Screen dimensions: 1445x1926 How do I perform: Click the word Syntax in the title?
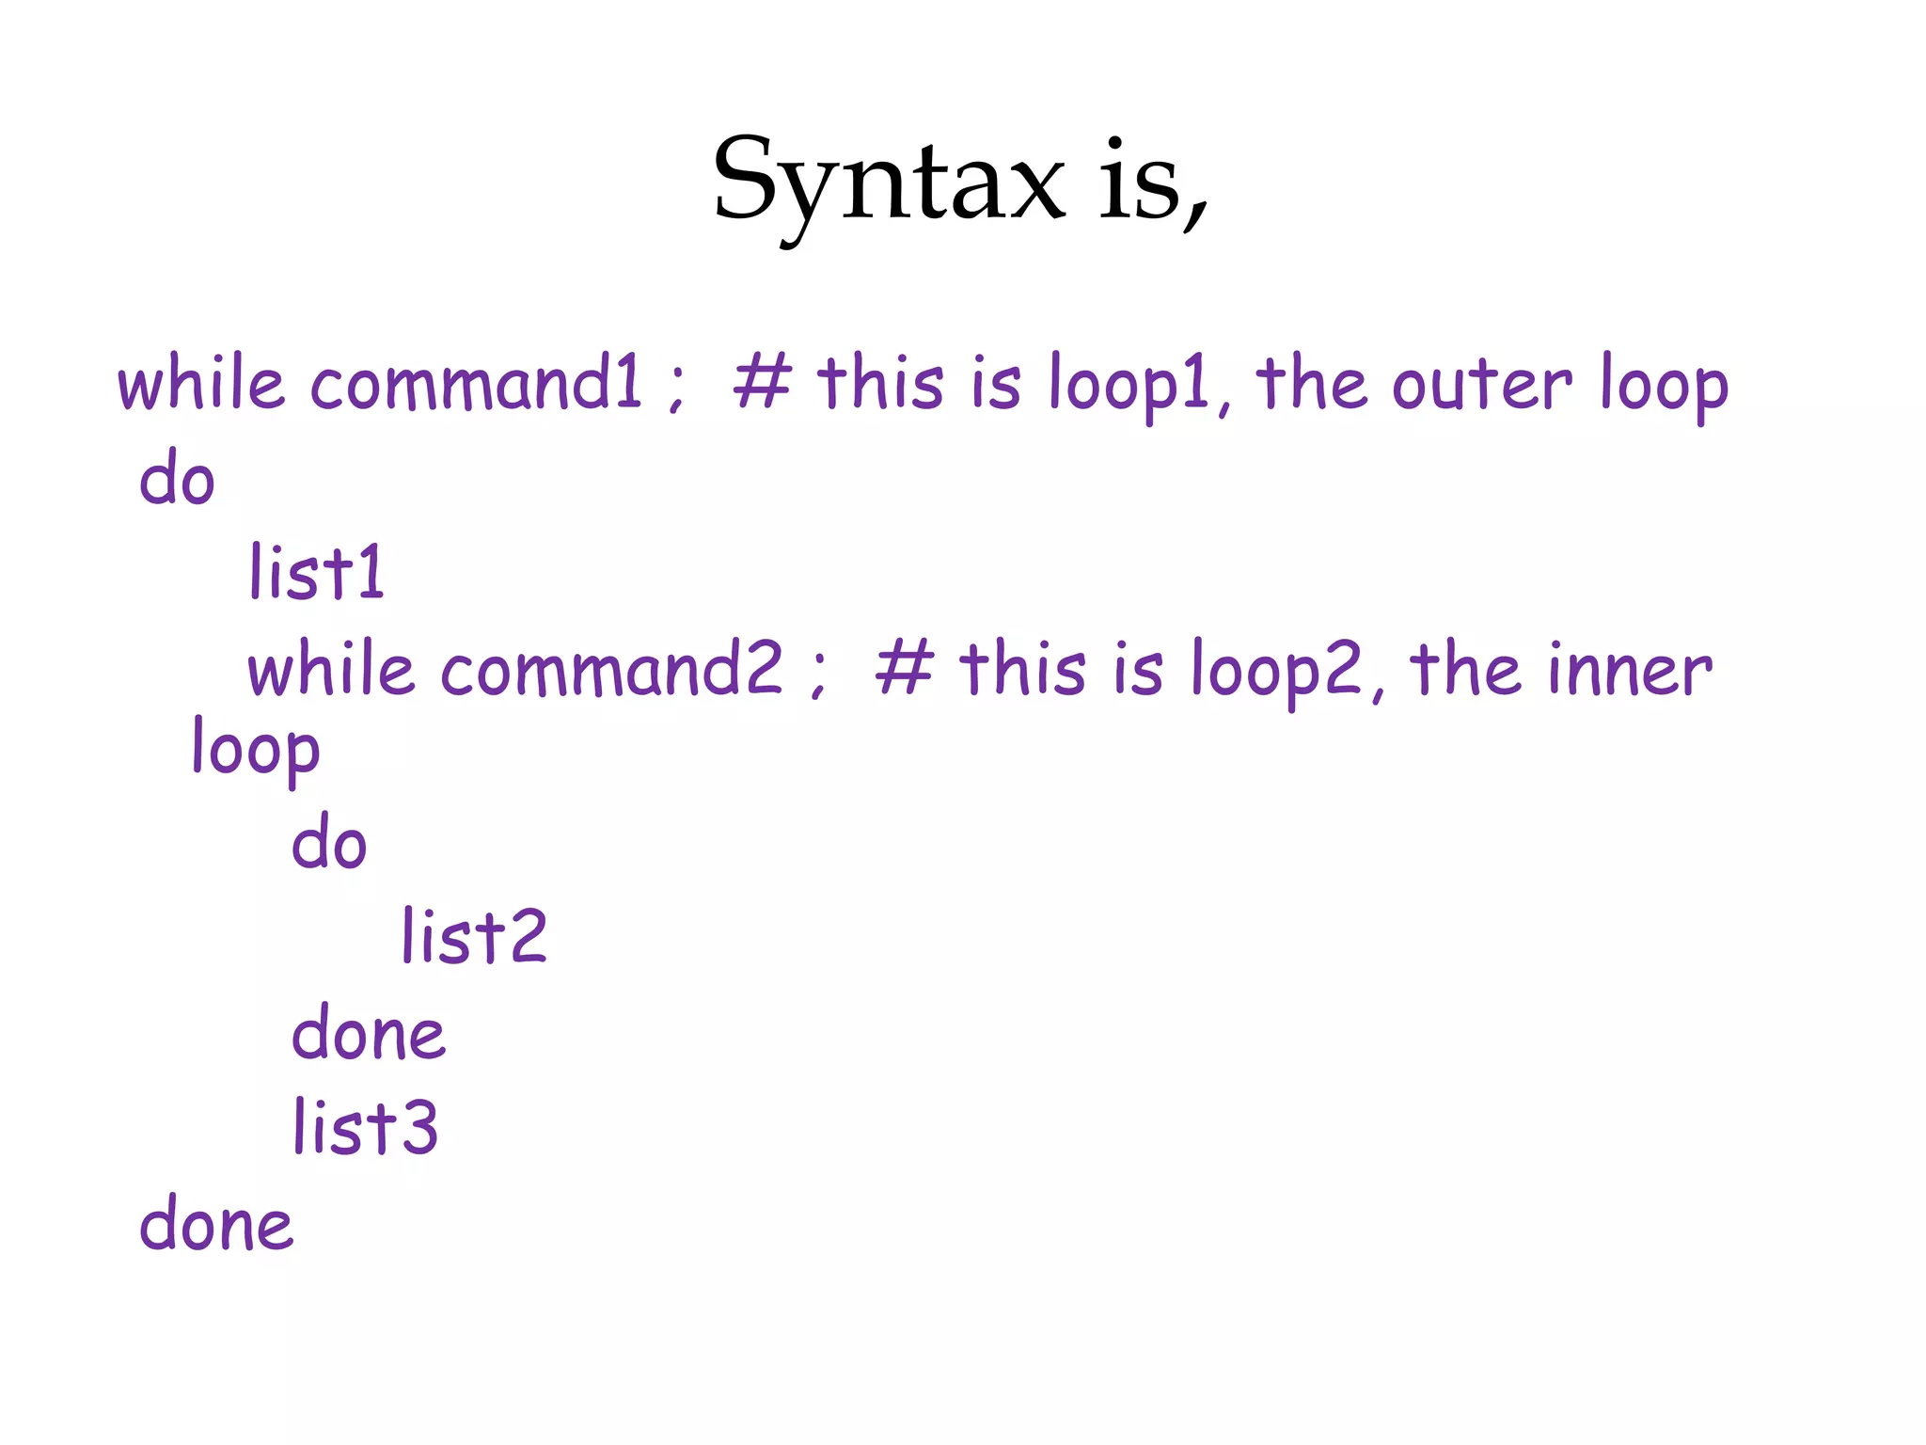pyautogui.click(x=889, y=183)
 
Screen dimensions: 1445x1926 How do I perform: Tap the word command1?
pyautogui.click(x=476, y=384)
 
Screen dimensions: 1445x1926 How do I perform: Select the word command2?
pyautogui.click(x=611, y=670)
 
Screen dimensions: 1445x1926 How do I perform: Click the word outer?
pyautogui.click(x=1481, y=384)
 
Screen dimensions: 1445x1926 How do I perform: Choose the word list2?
pyautogui.click(x=474, y=937)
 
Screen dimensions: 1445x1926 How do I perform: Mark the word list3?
pyautogui.click(x=365, y=1127)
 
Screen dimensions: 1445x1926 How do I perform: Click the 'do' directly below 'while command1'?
pyautogui.click(x=177, y=478)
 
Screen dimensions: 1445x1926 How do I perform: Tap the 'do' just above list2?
pyautogui.click(x=328, y=842)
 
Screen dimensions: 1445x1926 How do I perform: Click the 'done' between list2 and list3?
pyautogui.click(x=369, y=1033)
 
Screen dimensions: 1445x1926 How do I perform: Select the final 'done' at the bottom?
pyautogui.click(x=216, y=1224)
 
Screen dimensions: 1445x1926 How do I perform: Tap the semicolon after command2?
pyautogui.click(x=818, y=675)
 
